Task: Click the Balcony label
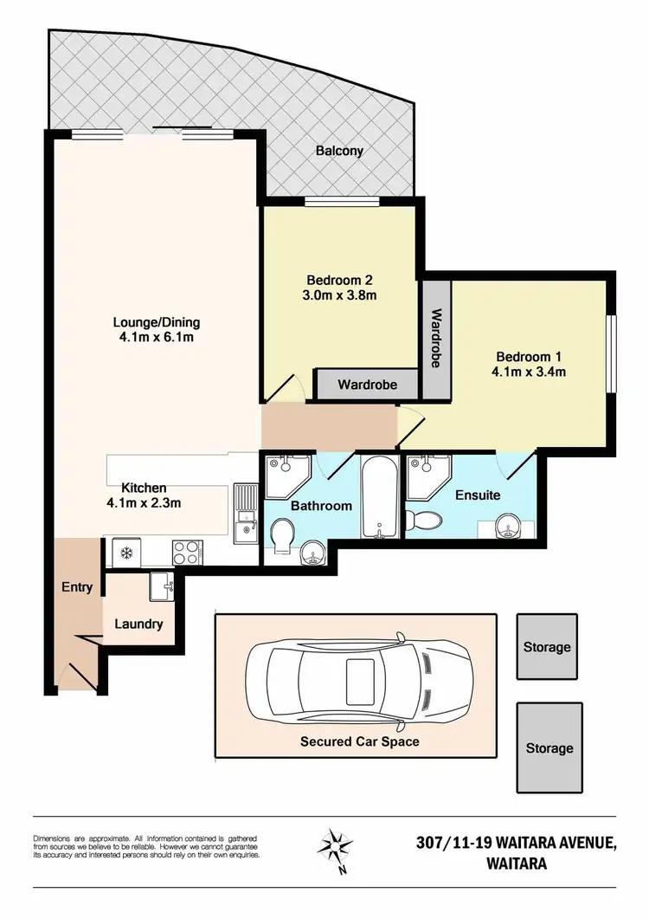339,151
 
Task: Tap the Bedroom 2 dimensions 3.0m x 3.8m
339,295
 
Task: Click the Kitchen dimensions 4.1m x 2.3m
144,502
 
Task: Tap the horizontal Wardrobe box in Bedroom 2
368,384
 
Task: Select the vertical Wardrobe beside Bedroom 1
436,339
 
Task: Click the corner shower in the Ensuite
426,476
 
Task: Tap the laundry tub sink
162,586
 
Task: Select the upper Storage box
547,647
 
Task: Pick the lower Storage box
549,747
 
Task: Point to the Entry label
77,587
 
